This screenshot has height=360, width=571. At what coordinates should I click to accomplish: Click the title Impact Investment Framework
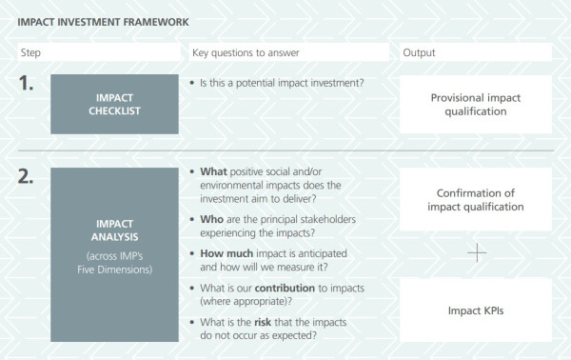coord(103,22)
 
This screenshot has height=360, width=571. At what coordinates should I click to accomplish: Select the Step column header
coord(30,52)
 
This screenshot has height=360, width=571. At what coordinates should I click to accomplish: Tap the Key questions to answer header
coord(246,52)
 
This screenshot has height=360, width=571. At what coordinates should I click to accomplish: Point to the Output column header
coord(419,52)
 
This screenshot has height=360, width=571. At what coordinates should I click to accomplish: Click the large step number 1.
coord(26,83)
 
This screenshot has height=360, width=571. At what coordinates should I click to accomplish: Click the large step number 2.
coord(26,176)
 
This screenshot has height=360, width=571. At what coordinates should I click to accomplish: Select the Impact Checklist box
coord(114,104)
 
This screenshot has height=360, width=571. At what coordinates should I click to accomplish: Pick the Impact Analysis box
coord(114,254)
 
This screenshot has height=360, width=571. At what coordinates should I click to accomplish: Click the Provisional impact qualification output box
coord(476,104)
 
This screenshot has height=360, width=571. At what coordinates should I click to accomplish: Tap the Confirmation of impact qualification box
coord(476,199)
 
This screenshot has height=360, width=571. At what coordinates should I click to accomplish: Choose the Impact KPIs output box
coord(476,310)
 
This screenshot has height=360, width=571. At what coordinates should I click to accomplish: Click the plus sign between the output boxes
coord(477,253)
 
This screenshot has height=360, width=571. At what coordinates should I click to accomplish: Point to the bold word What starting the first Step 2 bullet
coord(213,171)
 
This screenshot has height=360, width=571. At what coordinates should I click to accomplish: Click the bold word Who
coord(211,219)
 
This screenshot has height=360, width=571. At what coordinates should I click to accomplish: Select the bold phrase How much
coord(226,253)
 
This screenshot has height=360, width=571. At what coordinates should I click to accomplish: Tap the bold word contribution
coord(285,289)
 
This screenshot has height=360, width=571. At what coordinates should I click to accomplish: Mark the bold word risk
coord(263,323)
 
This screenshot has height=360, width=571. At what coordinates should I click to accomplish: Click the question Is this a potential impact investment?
coord(282,83)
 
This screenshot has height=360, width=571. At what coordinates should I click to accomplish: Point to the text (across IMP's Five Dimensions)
coord(115,263)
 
